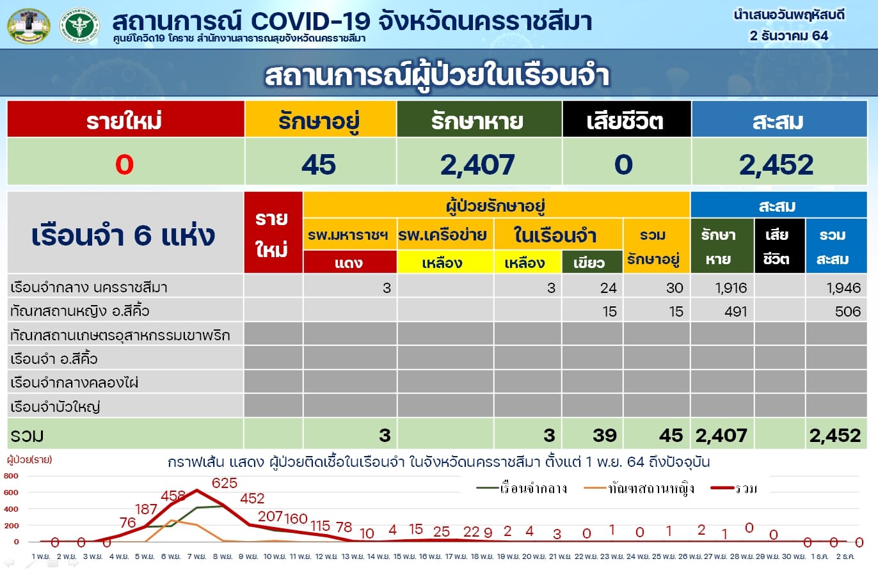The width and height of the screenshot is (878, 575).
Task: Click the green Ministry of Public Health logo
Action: click(79, 25)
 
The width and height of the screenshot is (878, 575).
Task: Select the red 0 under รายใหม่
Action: click(125, 164)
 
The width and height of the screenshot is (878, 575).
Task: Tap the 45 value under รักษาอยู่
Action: click(319, 164)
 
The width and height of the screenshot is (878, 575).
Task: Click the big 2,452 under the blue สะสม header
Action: click(776, 164)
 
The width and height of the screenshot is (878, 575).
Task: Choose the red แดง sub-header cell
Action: click(349, 262)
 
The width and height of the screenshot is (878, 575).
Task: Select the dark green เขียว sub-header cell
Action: click(592, 262)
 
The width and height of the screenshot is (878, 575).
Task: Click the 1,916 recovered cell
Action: click(731, 288)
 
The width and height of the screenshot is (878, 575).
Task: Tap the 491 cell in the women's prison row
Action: click(735, 311)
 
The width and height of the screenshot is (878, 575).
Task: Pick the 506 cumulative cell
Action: click(848, 311)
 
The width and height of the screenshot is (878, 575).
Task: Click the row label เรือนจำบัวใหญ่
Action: click(55, 407)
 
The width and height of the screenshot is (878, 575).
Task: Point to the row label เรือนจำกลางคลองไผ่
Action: click(74, 382)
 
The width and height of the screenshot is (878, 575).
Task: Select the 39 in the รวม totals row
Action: click(604, 435)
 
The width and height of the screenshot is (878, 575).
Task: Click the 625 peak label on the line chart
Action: click(225, 483)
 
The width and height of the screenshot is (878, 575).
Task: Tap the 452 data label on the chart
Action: click(252, 498)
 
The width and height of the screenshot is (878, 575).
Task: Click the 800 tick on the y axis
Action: click(11, 476)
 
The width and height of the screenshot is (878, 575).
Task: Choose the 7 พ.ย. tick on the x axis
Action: click(196, 556)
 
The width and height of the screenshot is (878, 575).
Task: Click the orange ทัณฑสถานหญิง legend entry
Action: click(639, 489)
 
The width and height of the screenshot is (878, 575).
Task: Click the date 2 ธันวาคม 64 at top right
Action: click(788, 36)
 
